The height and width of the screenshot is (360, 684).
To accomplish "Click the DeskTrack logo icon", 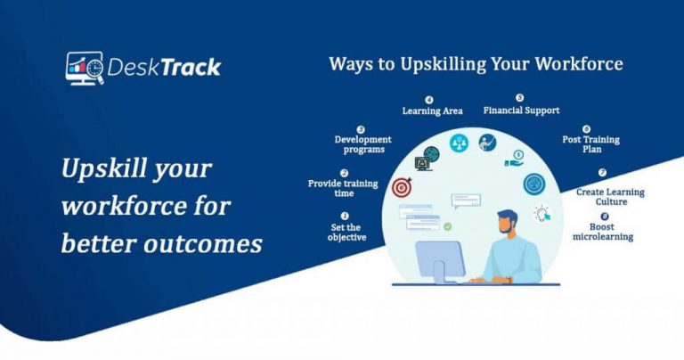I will point(84,68).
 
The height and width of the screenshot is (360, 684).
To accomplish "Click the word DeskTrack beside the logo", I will point(163,68).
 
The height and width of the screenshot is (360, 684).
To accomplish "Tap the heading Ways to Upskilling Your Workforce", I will point(476,64).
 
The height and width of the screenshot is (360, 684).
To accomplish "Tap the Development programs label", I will point(362,143).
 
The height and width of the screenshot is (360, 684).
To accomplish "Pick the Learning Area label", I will point(432,110).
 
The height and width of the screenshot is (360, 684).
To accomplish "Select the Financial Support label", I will point(521,110).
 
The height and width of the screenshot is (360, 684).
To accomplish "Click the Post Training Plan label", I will point(590,145).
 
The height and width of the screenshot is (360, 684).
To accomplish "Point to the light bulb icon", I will point(541,213).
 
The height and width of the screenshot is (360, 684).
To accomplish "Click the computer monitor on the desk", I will point(439,258).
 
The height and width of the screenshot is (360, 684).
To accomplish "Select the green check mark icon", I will point(447,226).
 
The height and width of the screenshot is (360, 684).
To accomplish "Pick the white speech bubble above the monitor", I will point(465,200).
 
